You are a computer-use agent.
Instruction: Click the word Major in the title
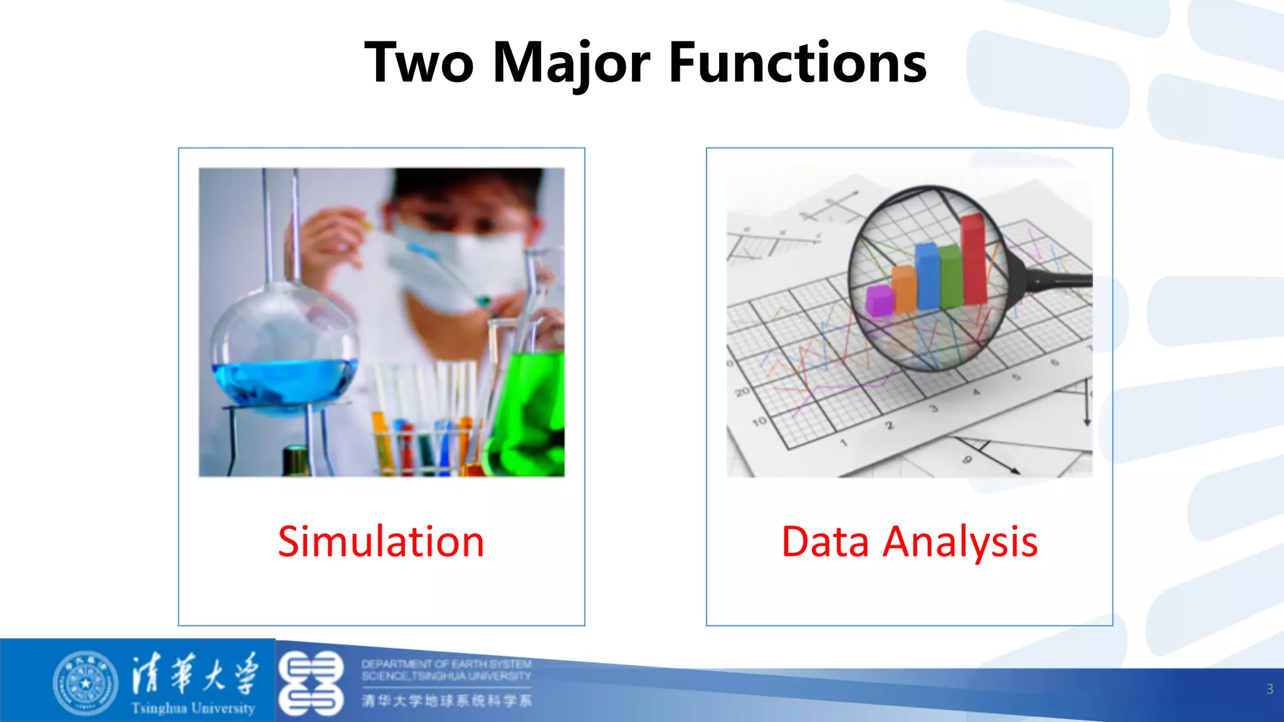572,63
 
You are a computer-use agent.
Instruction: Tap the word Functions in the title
797,63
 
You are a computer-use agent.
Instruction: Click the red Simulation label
381,541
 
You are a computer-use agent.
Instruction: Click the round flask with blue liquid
283,351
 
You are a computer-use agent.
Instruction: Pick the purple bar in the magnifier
879,300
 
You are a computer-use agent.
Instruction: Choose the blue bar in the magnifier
927,276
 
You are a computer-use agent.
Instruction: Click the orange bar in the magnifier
904,288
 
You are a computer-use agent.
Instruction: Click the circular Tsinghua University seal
85,683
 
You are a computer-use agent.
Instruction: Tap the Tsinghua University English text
193,708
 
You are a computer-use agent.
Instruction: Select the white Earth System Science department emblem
311,683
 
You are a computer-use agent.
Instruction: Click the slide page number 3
1270,689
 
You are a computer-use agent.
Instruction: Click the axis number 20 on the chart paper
742,392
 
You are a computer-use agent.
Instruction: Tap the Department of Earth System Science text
446,670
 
